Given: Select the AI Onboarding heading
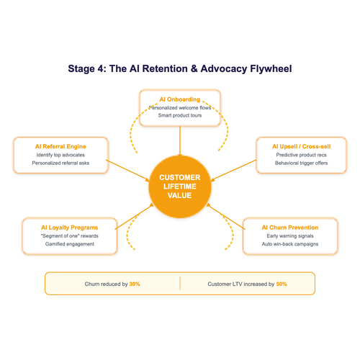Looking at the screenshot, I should point(179,99).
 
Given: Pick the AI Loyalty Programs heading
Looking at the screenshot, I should point(70,228).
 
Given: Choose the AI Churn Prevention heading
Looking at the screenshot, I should point(289,228).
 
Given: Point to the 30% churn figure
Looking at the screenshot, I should point(135,284).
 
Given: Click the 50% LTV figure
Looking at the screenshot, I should point(281,284).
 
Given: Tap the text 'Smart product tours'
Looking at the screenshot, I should point(179,116).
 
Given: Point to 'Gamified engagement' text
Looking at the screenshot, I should point(70,244).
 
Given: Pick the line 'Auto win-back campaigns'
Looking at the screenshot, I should point(289,244).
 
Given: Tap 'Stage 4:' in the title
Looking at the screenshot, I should point(89,69).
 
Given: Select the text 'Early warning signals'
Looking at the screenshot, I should point(289,236).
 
